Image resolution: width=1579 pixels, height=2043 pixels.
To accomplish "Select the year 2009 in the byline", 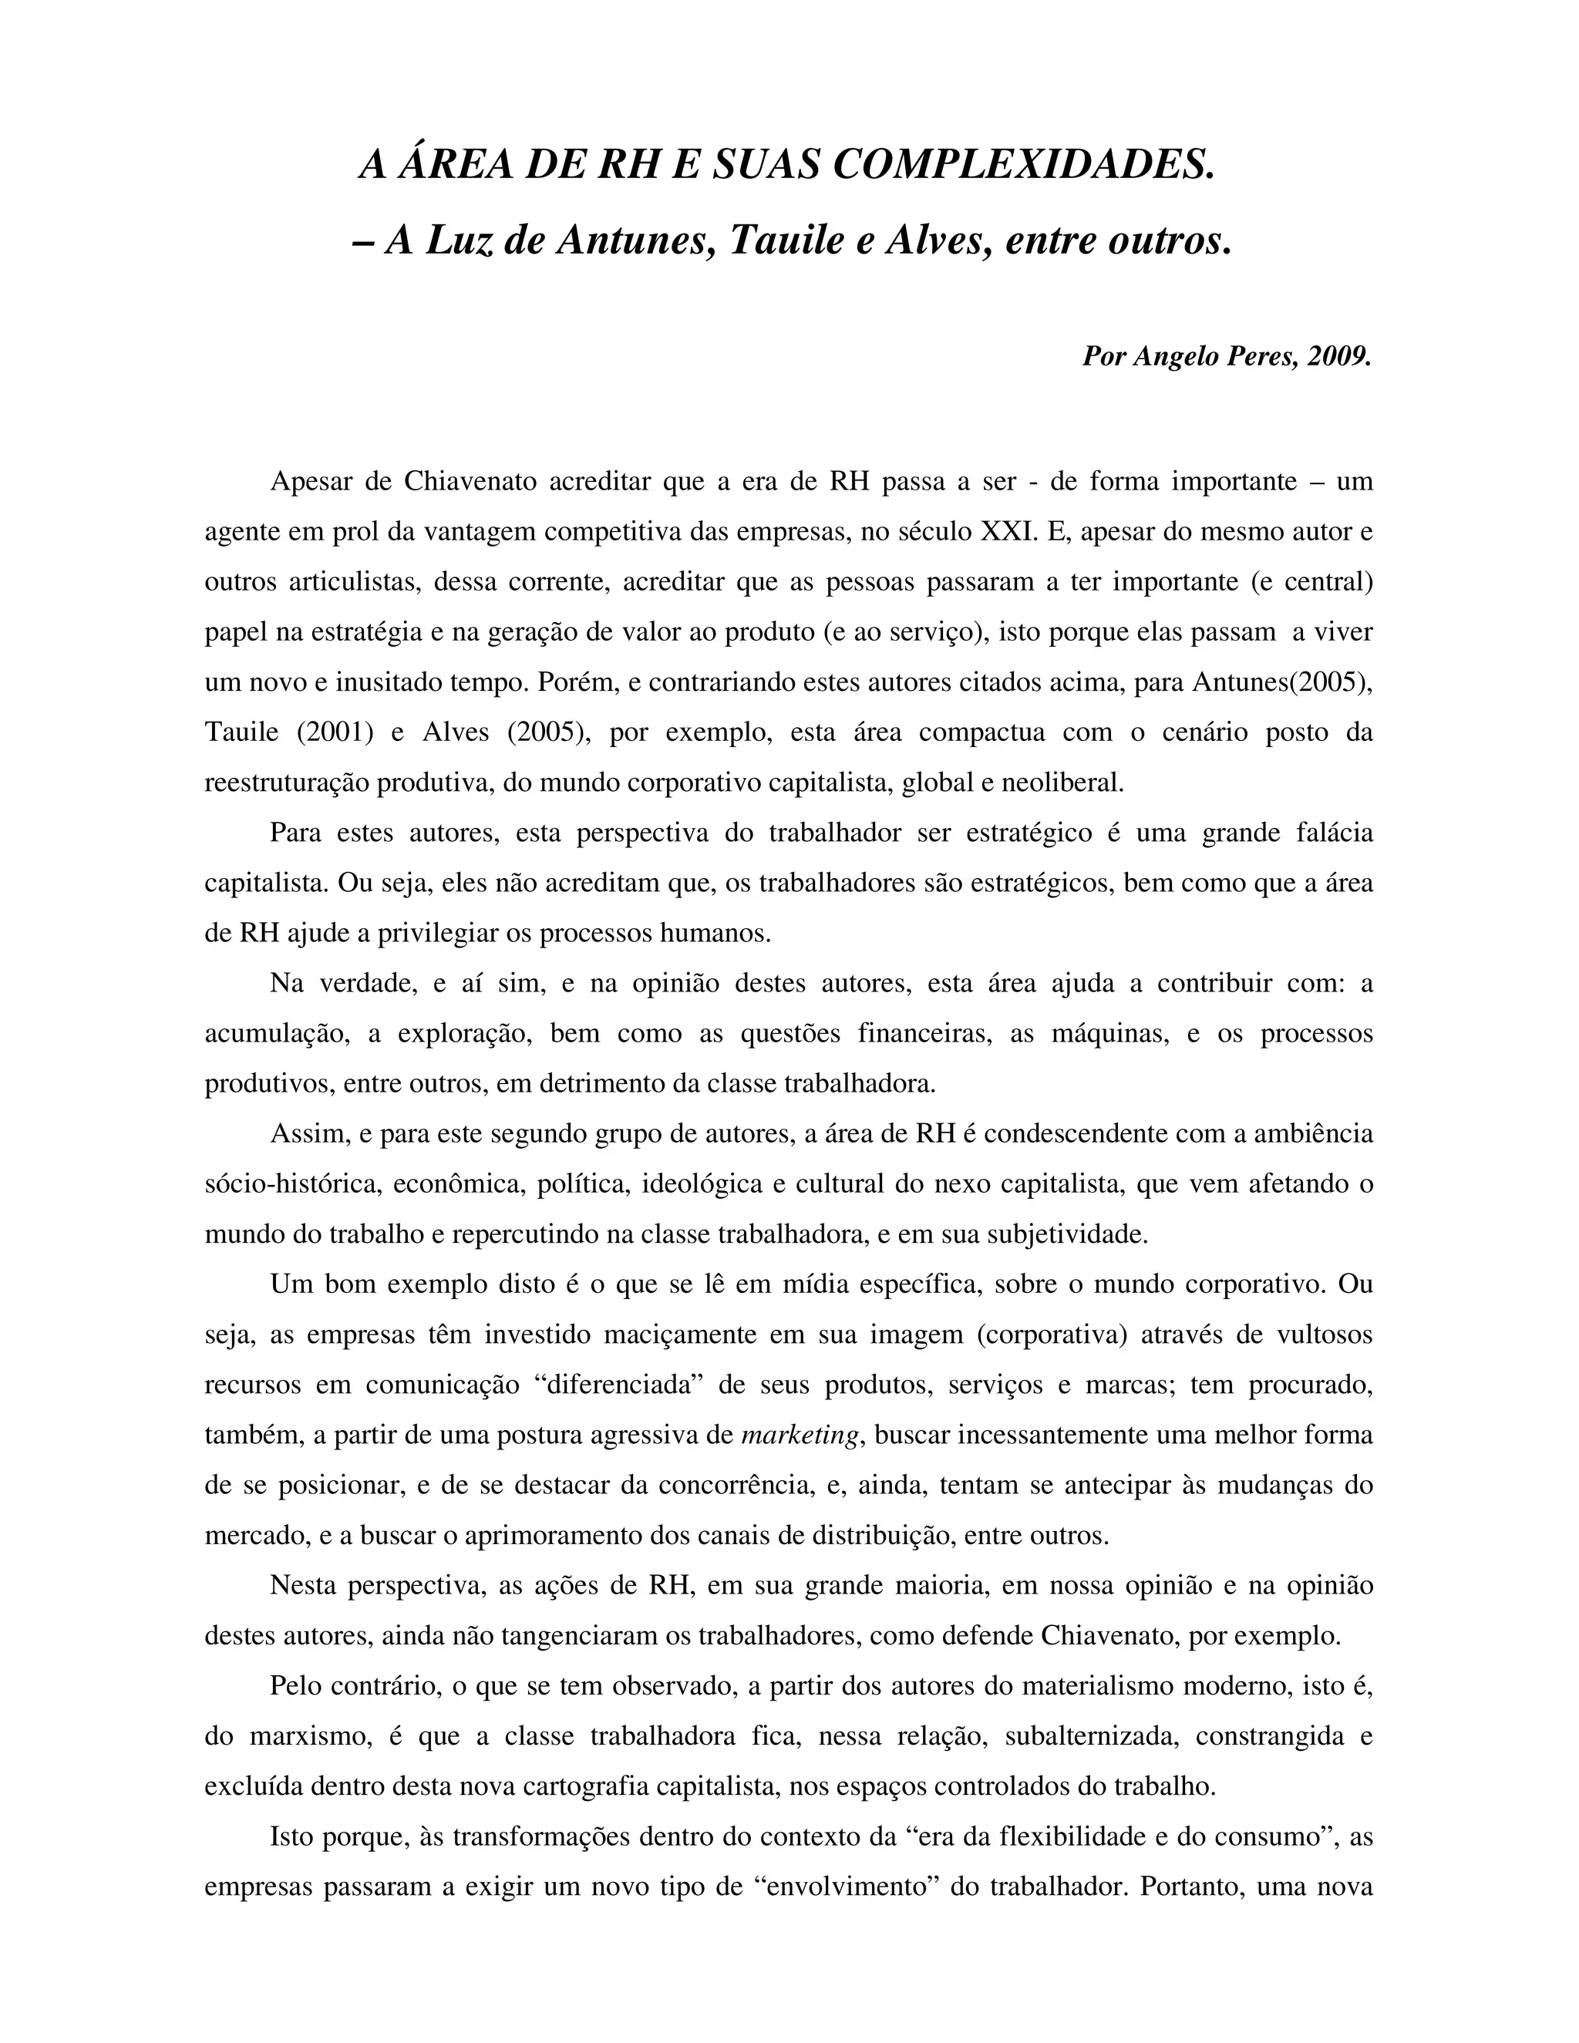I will click(x=1339, y=356).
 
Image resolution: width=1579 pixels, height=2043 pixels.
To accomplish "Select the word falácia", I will click(x=1328, y=833).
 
